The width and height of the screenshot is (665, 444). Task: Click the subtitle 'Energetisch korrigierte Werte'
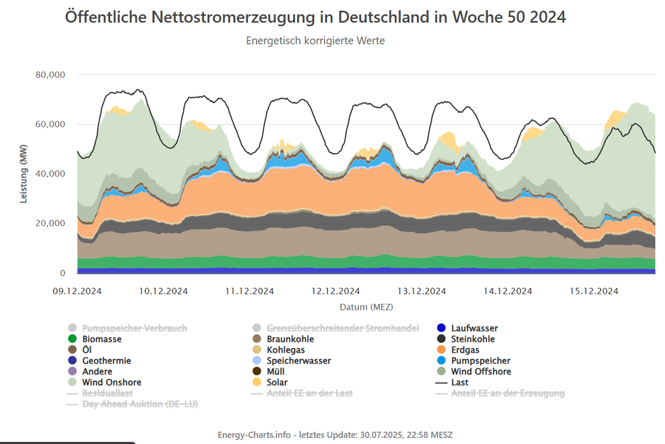[x=315, y=41]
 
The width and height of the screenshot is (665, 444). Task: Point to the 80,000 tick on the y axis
[x=50, y=74]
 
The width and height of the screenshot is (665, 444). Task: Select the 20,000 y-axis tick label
[x=50, y=223]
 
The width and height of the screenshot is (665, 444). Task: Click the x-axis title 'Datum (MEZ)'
[x=366, y=307]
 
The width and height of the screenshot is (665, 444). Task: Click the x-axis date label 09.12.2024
[x=78, y=291]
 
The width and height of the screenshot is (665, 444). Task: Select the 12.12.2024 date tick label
[x=335, y=291]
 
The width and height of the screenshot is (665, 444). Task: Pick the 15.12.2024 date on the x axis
[x=594, y=291]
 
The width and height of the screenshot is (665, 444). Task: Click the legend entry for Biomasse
[x=101, y=339]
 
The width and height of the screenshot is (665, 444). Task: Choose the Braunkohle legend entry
[x=290, y=339]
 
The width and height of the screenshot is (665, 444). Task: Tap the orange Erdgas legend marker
[x=442, y=350]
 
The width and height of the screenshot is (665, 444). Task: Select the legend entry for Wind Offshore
[x=480, y=371]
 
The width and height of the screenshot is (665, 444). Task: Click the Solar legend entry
[x=277, y=382]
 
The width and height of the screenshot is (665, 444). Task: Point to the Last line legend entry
[x=459, y=382]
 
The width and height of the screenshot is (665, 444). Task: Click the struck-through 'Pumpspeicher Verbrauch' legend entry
[x=134, y=328]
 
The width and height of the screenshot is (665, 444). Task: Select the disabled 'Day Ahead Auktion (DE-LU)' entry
[x=140, y=404]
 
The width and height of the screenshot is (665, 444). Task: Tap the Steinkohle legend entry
[x=473, y=339]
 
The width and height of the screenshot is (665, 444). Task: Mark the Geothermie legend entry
[x=106, y=361]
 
